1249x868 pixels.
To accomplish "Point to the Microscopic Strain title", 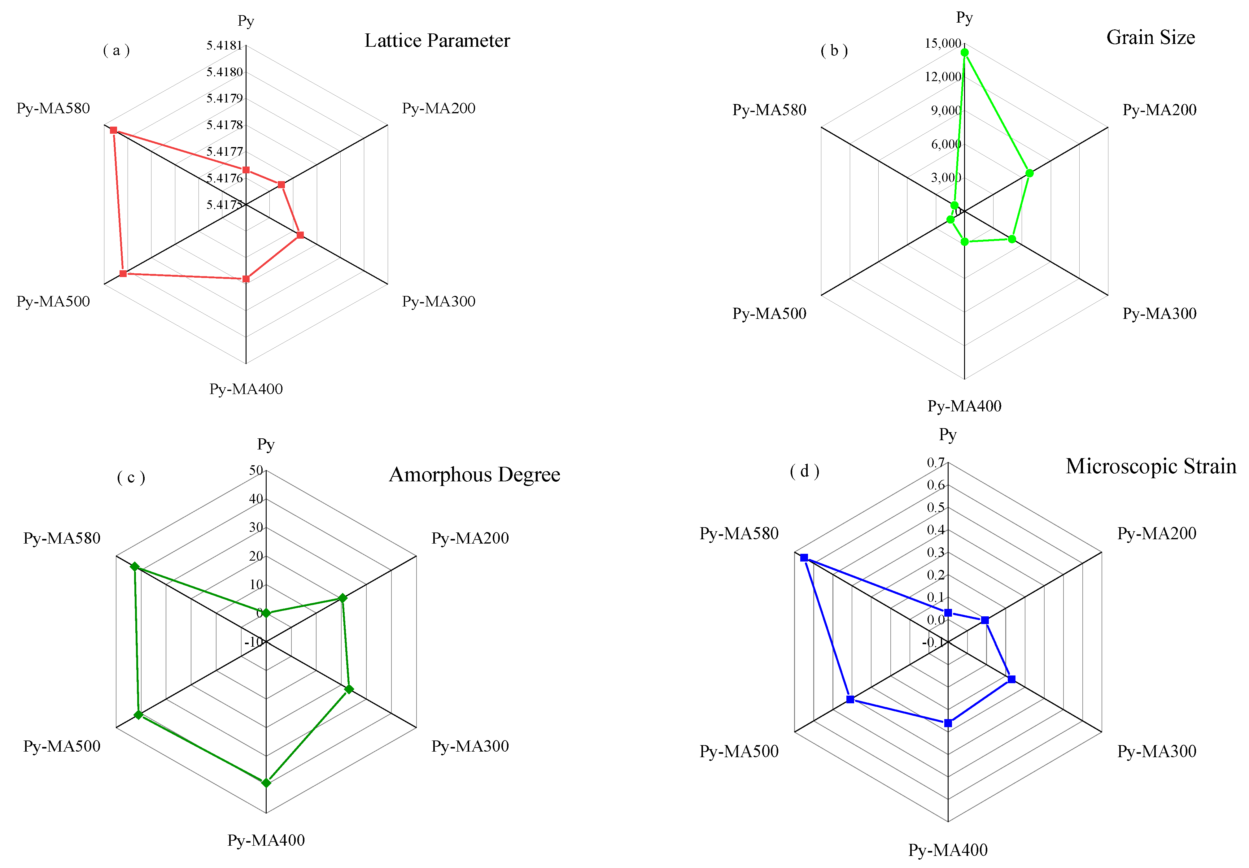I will (x=1151, y=467).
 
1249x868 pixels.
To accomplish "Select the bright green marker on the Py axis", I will (x=964, y=53).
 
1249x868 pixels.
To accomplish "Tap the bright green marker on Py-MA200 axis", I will (x=1029, y=173).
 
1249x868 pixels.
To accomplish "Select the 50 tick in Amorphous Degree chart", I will (x=256, y=471).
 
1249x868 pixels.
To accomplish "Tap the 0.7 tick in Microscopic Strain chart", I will (x=936, y=463).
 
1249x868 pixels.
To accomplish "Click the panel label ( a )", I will (x=116, y=50).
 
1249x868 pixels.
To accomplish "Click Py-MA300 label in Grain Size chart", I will (x=1159, y=314).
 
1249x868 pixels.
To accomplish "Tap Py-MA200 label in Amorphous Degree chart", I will (x=470, y=538).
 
